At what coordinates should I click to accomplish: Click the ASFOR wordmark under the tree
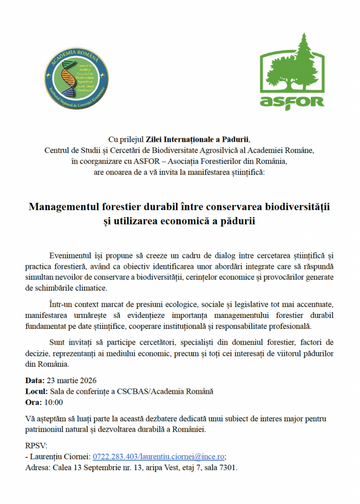292,101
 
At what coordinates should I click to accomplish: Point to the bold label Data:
34,380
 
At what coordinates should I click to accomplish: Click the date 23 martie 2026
71,380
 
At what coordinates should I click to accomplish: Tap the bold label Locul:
36,391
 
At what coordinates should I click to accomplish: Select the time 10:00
54,402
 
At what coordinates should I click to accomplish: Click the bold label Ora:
33,402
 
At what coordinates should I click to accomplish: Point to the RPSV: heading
36,445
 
